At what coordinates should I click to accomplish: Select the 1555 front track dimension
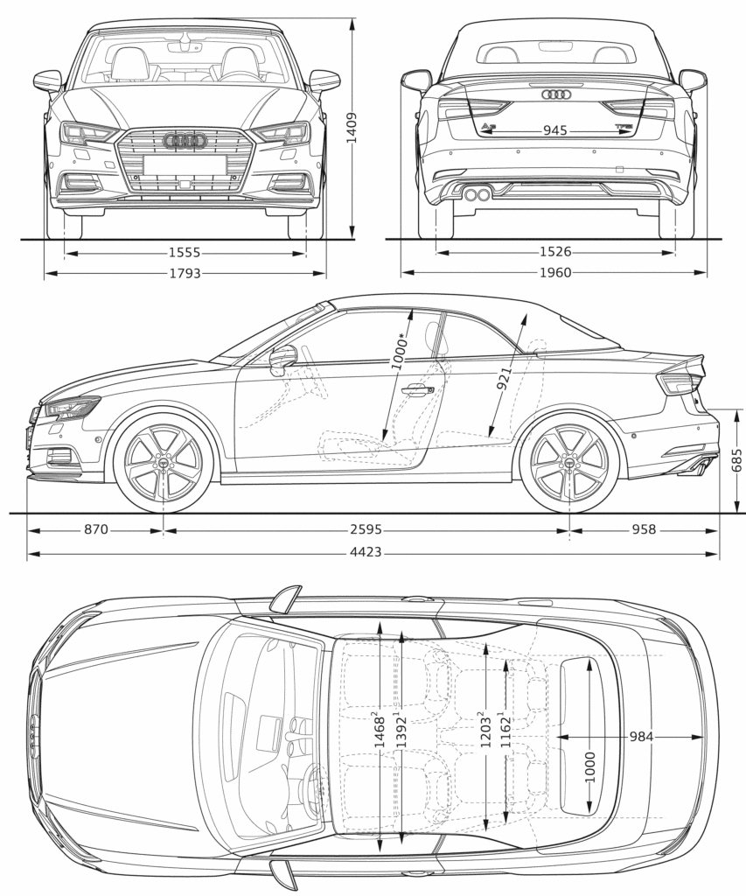pos(185,253)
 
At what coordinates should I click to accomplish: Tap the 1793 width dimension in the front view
pos(185,273)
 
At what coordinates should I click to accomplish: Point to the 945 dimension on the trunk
pos(554,130)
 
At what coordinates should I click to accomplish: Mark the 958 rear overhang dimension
pos(645,529)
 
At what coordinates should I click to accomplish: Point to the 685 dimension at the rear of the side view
pos(736,460)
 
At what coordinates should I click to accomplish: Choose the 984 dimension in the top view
pos(641,737)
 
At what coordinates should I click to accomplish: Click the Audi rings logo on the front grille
pos(185,140)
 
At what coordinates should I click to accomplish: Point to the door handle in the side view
pos(417,390)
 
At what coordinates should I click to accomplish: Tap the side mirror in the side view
pos(283,358)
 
